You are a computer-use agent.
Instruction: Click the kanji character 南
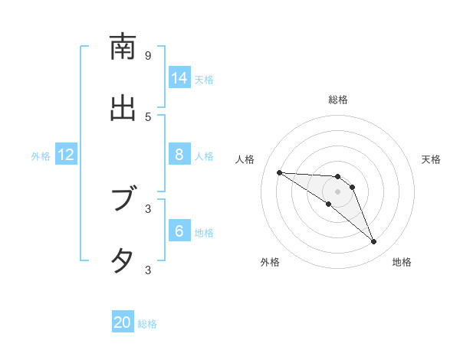click(123, 47)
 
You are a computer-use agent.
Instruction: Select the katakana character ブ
click(123, 200)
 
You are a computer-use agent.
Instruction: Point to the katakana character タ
click(123, 260)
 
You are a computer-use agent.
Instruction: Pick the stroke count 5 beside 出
click(148, 116)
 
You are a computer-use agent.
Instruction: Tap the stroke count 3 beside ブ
click(148, 208)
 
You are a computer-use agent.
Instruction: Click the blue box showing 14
click(179, 78)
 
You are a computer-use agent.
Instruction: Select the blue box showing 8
click(179, 155)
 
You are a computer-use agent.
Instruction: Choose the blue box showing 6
click(179, 231)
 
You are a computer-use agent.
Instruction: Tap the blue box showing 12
click(66, 155)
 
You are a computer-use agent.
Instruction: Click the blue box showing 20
click(123, 322)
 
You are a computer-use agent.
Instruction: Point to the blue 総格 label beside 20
click(147, 324)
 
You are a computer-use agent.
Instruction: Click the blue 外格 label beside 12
click(41, 156)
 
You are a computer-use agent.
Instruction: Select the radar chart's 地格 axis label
click(402, 262)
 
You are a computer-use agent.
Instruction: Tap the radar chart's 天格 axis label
click(431, 159)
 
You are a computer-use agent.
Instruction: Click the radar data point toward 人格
click(279, 172)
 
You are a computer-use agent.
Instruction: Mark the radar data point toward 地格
click(373, 242)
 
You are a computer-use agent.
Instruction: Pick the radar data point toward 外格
click(328, 204)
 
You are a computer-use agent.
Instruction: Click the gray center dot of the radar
click(337, 191)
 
